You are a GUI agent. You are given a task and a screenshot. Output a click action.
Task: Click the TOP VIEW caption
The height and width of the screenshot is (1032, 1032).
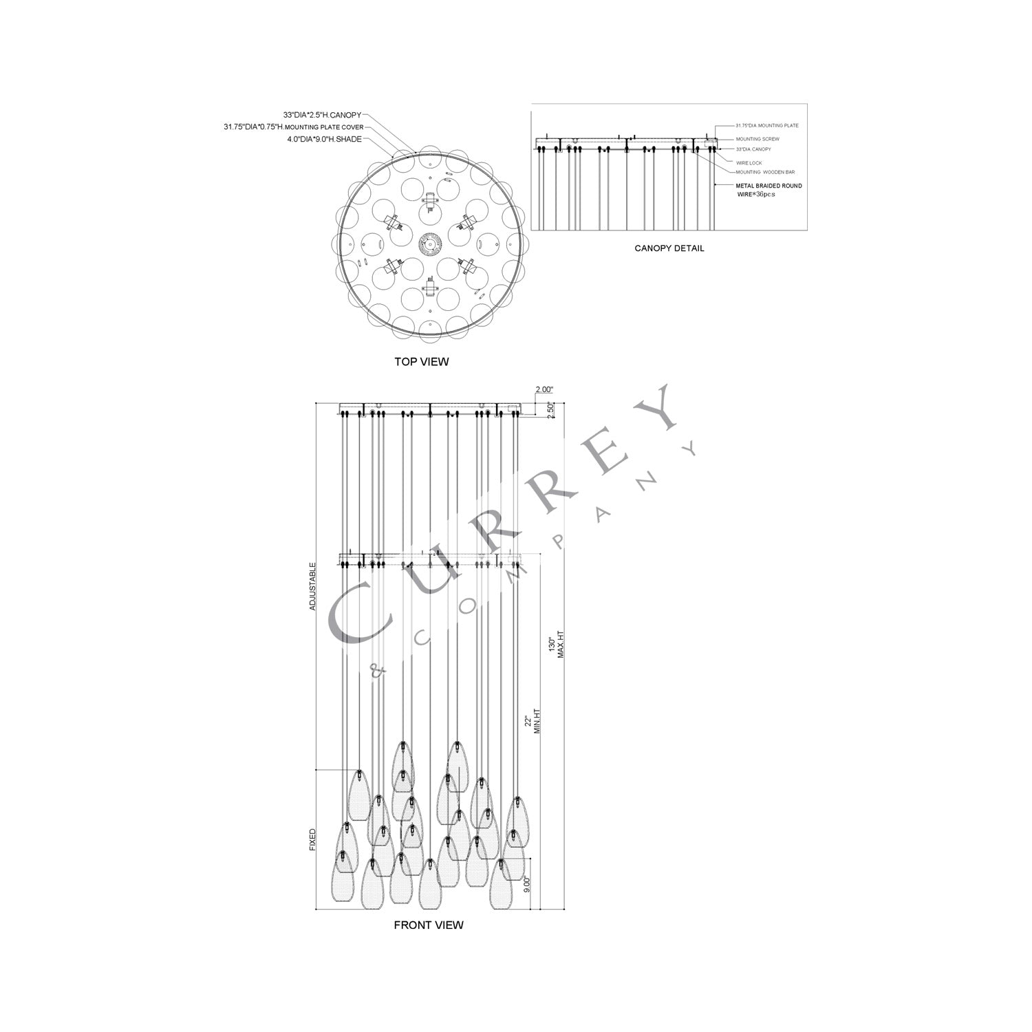[421, 362]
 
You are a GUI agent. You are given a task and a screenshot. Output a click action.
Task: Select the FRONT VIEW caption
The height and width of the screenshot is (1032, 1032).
[428, 925]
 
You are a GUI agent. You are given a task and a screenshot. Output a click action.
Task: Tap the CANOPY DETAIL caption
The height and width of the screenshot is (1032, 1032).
[669, 248]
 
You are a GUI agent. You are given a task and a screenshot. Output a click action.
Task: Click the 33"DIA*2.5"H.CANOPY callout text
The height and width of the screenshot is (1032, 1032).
[322, 116]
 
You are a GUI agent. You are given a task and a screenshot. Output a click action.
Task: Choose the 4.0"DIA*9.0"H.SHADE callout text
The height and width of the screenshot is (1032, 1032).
[325, 139]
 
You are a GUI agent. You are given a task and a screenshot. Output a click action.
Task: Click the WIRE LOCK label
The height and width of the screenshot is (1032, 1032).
[749, 163]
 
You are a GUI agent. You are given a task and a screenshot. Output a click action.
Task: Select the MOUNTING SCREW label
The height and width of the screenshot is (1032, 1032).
[757, 139]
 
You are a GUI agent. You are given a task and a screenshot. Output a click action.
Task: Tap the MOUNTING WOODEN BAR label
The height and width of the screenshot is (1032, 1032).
[765, 172]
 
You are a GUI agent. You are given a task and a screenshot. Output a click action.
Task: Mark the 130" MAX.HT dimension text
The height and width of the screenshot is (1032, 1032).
[556, 645]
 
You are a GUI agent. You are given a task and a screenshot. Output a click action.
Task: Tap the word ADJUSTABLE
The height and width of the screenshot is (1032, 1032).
[312, 586]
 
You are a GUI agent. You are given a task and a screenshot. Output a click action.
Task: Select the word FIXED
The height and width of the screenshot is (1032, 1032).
[312, 840]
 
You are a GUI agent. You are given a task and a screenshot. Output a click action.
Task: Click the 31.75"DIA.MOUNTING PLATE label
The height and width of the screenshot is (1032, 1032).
[767, 126]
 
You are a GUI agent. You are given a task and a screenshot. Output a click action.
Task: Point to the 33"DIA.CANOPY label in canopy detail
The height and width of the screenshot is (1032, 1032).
[753, 149]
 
